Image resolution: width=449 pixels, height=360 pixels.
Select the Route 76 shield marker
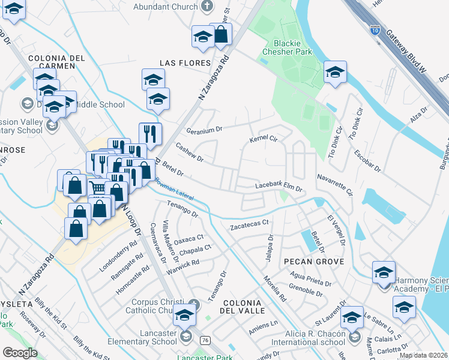206,340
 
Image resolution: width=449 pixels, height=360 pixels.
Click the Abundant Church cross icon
207,7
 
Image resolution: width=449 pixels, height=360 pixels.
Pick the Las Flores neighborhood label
185,63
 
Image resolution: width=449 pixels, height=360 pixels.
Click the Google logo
20,353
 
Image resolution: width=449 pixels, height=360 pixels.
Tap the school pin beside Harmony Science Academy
384,271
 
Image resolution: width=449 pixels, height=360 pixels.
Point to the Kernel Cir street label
262,140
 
